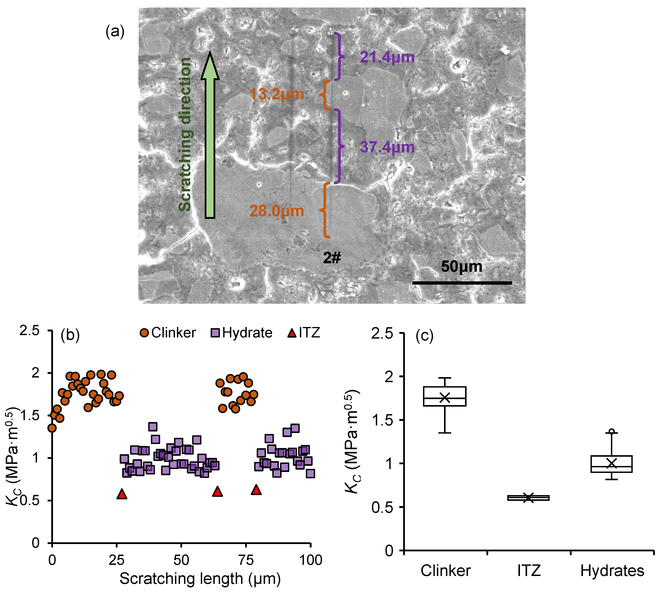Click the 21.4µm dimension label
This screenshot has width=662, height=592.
coord(387,58)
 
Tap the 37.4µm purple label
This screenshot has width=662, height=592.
coord(387,147)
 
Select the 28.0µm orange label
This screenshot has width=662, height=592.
coord(277,211)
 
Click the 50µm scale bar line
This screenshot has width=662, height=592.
coord(462,283)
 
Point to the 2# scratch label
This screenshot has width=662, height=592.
coord(332,258)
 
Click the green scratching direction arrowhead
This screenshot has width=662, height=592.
coord(210,67)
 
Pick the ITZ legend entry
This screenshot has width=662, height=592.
coord(304,333)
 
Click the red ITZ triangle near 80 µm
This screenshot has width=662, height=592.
coord(256,489)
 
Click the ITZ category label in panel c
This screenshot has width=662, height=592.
coord(529,571)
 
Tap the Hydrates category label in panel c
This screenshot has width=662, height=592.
coord(612,571)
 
